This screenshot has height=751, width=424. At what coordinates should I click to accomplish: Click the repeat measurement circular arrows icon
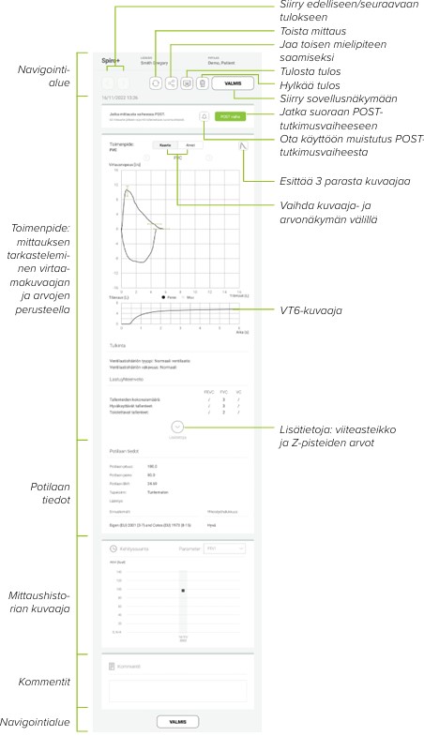click(x=156, y=83)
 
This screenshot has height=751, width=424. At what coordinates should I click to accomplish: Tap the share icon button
click(x=172, y=83)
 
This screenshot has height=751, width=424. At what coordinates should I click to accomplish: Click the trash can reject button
click(x=202, y=83)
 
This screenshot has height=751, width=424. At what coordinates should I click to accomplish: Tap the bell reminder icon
click(x=204, y=117)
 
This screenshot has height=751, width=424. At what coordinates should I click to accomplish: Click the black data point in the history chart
click(x=184, y=591)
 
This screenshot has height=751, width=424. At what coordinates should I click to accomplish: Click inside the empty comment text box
click(x=175, y=692)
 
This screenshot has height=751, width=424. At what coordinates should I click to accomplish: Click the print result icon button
click(x=187, y=83)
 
